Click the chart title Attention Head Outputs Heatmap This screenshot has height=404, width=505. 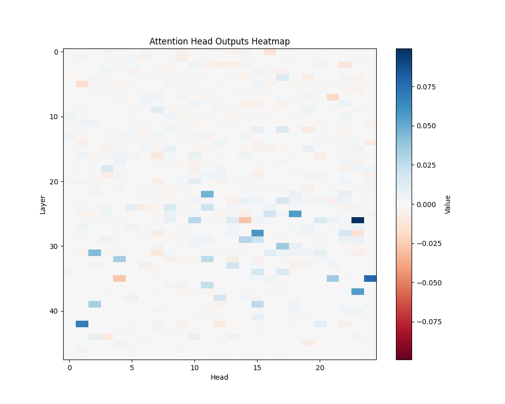219,41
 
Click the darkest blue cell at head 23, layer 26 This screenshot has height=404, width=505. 358,220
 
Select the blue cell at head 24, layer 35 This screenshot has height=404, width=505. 370,278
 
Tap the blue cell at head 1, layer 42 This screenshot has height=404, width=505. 82,324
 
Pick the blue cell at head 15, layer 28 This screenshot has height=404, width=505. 258,233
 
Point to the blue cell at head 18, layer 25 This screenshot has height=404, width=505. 295,214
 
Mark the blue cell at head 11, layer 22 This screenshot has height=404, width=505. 207,194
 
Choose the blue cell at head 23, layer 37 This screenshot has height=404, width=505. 358,291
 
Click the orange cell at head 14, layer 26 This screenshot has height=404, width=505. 245,220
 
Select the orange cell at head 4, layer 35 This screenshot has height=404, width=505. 120,278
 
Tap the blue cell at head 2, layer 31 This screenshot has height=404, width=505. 94,252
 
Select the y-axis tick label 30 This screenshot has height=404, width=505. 53,246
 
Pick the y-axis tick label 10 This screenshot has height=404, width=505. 53,117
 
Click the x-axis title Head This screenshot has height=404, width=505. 219,378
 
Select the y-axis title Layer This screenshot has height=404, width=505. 43,204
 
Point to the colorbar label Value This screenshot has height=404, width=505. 448,204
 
